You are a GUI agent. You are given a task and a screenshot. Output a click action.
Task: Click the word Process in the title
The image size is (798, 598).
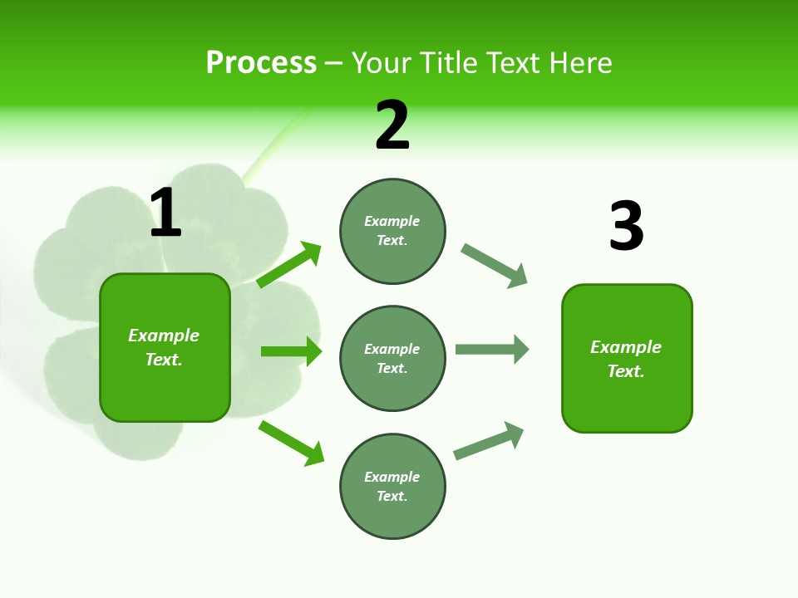click(x=261, y=62)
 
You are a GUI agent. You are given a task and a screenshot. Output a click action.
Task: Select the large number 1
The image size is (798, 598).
click(x=165, y=213)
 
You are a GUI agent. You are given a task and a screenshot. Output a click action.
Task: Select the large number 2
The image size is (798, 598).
click(x=392, y=125)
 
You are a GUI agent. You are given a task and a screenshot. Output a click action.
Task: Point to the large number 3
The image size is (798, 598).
click(x=626, y=227)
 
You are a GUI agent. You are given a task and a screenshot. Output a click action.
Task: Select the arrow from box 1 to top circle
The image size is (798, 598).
click(x=288, y=265)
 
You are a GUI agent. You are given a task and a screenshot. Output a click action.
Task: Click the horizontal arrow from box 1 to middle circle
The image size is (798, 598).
click(x=291, y=351)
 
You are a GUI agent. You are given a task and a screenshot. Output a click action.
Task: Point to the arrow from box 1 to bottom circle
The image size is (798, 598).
click(x=291, y=443)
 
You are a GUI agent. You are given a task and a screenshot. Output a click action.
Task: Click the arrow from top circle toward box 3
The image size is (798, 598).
click(x=494, y=266)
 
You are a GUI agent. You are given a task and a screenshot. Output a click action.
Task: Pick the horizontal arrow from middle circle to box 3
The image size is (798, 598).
click(x=491, y=349)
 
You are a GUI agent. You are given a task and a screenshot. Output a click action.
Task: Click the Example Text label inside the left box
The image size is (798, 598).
click(x=164, y=347)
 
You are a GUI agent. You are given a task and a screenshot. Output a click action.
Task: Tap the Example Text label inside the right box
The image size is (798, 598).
click(x=626, y=359)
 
